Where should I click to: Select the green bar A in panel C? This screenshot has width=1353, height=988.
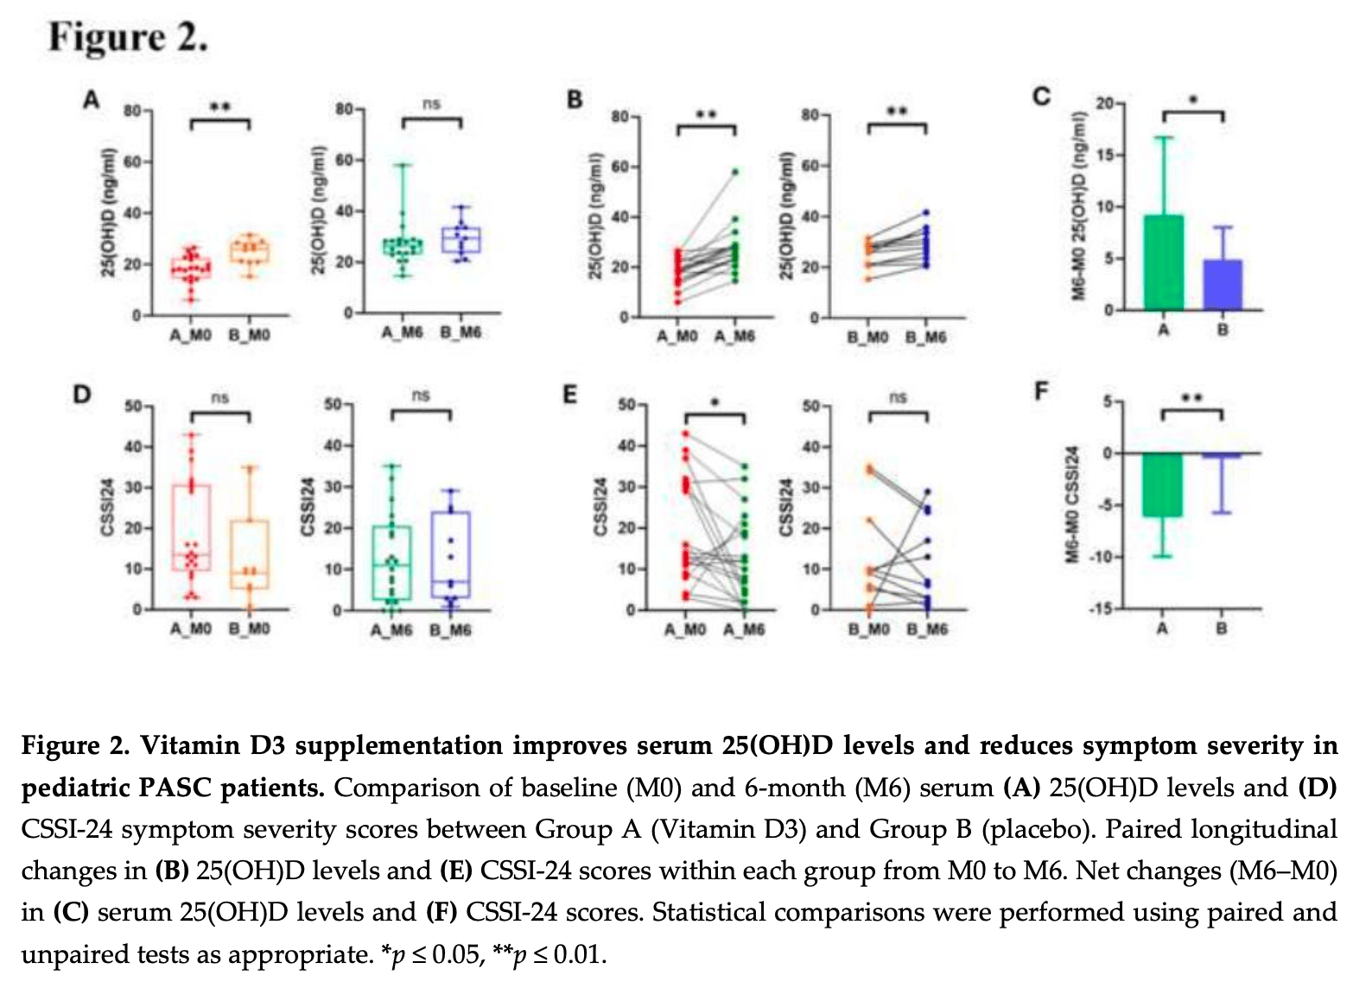[x=1164, y=263]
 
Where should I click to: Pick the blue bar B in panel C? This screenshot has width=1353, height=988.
[x=1223, y=284]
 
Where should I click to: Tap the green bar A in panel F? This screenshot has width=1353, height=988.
[x=1162, y=484]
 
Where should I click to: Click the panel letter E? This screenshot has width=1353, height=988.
[x=569, y=396]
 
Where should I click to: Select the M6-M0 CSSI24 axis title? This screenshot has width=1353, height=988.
[x=1072, y=504]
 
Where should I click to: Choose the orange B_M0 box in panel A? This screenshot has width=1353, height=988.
[x=250, y=251]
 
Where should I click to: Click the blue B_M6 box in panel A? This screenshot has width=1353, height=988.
[x=461, y=240]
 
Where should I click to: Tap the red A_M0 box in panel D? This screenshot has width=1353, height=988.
[x=191, y=527]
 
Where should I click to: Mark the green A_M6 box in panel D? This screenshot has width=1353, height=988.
[x=391, y=561]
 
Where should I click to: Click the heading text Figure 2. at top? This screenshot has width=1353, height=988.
[x=128, y=38]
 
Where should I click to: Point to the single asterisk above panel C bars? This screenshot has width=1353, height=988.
[x=1193, y=101]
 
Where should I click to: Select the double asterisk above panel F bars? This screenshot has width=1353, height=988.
[x=1191, y=399]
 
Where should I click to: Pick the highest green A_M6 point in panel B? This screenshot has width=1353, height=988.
[x=735, y=172]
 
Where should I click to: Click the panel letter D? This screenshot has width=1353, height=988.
[x=82, y=396]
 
